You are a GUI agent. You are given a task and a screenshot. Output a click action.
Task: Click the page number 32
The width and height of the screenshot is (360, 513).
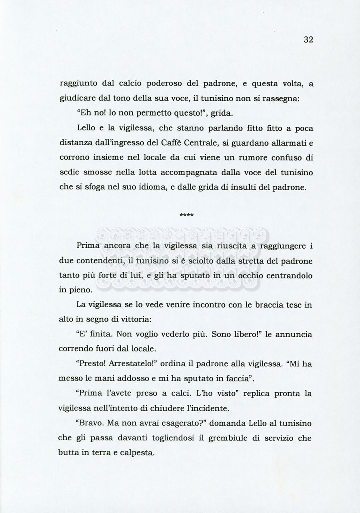308,40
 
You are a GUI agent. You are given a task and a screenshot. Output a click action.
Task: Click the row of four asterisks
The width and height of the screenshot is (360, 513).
186,216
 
